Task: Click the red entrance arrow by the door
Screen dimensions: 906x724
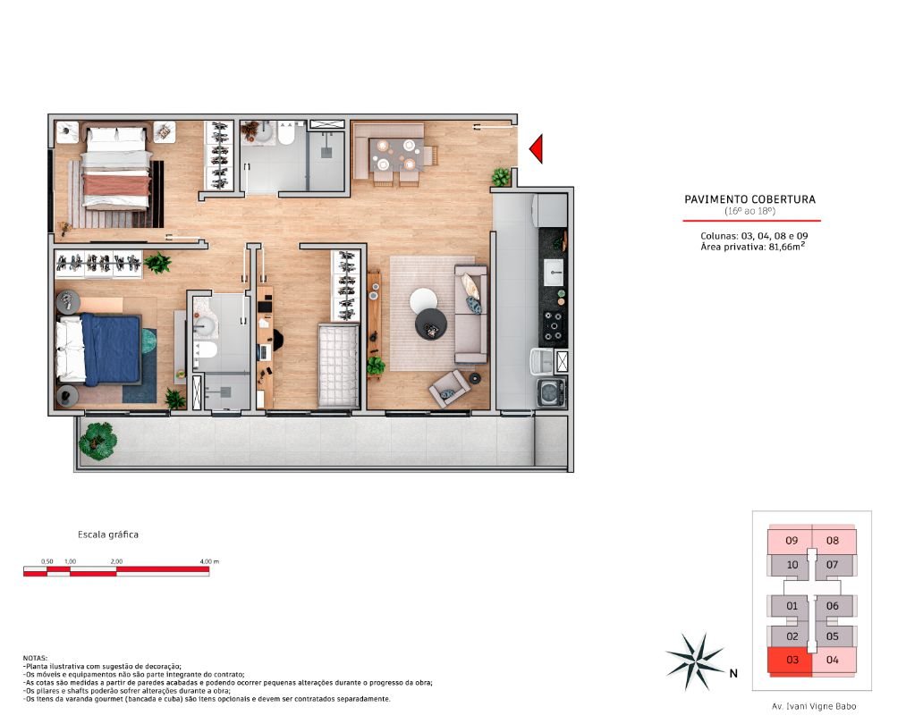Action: pyautogui.click(x=538, y=148)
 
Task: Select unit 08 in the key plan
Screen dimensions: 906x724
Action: pyautogui.click(x=833, y=541)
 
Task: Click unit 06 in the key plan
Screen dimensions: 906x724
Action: pyautogui.click(x=832, y=606)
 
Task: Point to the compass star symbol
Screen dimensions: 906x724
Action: pyautogui.click(x=696, y=661)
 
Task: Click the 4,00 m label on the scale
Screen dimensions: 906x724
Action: pyautogui.click(x=209, y=561)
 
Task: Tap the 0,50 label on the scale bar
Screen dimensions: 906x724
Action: pyautogui.click(x=47, y=561)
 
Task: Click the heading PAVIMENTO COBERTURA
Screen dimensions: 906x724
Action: pyautogui.click(x=750, y=199)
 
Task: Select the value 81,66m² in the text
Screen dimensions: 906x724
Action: pyautogui.click(x=787, y=247)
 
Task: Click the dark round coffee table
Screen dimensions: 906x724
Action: pyautogui.click(x=431, y=324)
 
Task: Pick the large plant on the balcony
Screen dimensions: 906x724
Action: pyautogui.click(x=97, y=441)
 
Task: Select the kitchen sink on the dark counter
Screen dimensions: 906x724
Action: pyautogui.click(x=554, y=273)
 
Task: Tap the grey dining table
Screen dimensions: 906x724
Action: pyautogui.click(x=396, y=154)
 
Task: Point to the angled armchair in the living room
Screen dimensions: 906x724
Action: pyautogui.click(x=448, y=389)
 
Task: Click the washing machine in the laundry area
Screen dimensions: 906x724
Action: pyautogui.click(x=551, y=393)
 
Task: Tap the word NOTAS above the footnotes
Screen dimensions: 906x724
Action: pyautogui.click(x=35, y=658)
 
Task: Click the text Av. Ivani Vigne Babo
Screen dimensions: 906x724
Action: pyautogui.click(x=814, y=706)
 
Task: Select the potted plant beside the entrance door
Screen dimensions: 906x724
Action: pyautogui.click(x=501, y=177)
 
